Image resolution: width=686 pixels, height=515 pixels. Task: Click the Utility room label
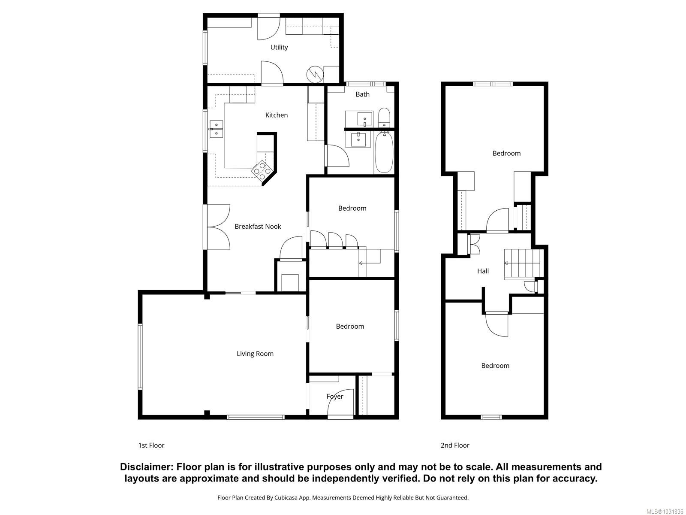(x=279, y=47)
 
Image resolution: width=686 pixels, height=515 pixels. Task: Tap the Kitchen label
(x=277, y=115)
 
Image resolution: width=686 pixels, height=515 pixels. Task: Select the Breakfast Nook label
(x=258, y=227)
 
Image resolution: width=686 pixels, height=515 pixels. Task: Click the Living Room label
(x=255, y=354)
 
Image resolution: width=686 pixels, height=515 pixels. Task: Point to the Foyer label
(x=335, y=397)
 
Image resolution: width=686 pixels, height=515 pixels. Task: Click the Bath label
(x=362, y=94)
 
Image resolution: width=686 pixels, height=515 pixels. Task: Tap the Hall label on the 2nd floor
(x=483, y=271)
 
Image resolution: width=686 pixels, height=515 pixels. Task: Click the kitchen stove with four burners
(x=262, y=170)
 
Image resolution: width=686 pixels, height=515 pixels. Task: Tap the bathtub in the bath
(x=384, y=152)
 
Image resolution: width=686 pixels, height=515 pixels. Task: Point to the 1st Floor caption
(x=151, y=445)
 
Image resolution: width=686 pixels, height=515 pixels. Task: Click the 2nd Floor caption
(x=455, y=445)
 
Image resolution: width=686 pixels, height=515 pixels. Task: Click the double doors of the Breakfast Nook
(x=219, y=227)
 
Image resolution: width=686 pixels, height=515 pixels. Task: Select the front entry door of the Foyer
(x=341, y=406)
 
